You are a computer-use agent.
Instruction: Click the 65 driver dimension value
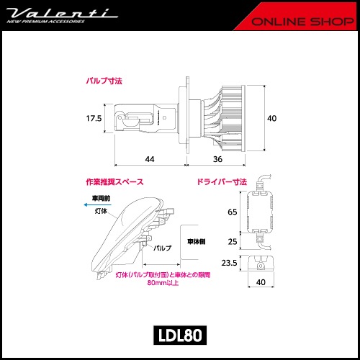[232, 213]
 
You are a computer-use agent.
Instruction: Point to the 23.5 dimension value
[229, 264]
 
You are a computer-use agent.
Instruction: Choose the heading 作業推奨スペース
[114, 182]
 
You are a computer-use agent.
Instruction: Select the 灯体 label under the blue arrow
[102, 212]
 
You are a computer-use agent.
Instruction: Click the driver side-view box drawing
[261, 264]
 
